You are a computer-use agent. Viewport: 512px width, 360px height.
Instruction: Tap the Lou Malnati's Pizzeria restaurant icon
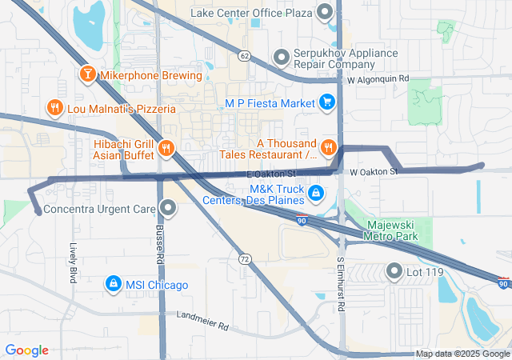(x=54, y=106)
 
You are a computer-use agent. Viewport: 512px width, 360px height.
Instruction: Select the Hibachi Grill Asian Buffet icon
(x=166, y=146)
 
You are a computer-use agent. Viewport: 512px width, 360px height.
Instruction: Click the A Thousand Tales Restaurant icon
(x=328, y=146)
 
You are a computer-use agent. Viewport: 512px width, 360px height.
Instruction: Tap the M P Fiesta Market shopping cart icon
(x=326, y=102)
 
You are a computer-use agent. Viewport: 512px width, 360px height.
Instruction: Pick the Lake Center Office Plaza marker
(x=325, y=13)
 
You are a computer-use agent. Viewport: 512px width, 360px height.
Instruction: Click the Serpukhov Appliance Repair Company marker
(x=281, y=57)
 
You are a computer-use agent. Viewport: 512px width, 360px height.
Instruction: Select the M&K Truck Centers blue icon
(x=316, y=193)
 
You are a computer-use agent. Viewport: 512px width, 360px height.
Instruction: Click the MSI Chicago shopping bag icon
(x=114, y=285)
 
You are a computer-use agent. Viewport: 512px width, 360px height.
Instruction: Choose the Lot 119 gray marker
(x=394, y=271)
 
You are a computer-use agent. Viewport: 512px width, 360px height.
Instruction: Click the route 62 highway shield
(x=243, y=54)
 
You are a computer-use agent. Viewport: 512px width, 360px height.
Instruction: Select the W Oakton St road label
(x=374, y=172)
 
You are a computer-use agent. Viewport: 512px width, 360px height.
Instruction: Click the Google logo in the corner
(x=27, y=350)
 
